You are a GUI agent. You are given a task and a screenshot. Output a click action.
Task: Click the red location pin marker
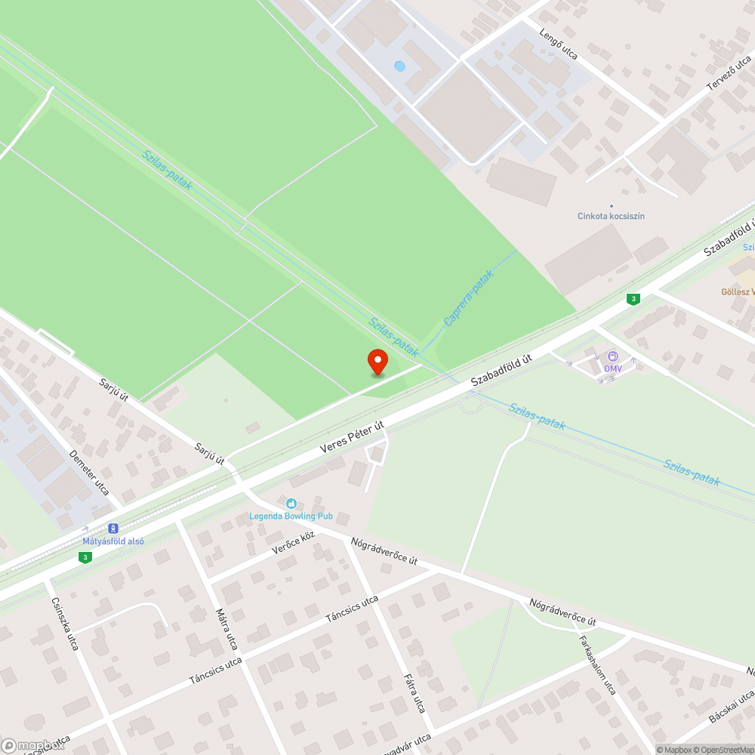(x=377, y=361)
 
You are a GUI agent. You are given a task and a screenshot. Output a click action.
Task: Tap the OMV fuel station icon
(x=612, y=356)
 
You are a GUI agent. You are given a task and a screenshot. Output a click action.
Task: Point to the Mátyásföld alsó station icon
(x=113, y=529)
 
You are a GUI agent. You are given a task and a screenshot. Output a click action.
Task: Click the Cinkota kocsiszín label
(x=611, y=216)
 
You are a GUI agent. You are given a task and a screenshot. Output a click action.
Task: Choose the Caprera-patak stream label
(x=468, y=299)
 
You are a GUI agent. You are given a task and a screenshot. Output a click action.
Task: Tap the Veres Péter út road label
(x=352, y=437)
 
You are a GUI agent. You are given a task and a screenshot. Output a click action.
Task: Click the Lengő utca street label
(x=559, y=44)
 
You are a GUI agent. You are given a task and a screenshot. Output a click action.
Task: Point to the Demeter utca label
(x=89, y=473)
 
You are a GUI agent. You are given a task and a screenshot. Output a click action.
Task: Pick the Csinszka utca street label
(x=65, y=622)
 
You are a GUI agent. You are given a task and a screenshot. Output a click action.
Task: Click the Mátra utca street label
(x=227, y=629)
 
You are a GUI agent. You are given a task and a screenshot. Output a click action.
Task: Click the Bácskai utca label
(x=732, y=707)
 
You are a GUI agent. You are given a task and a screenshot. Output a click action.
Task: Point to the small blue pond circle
(x=399, y=66)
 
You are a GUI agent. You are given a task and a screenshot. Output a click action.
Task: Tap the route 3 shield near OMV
(x=633, y=299)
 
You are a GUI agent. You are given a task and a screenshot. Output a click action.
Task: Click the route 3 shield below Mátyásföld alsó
(x=85, y=557)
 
